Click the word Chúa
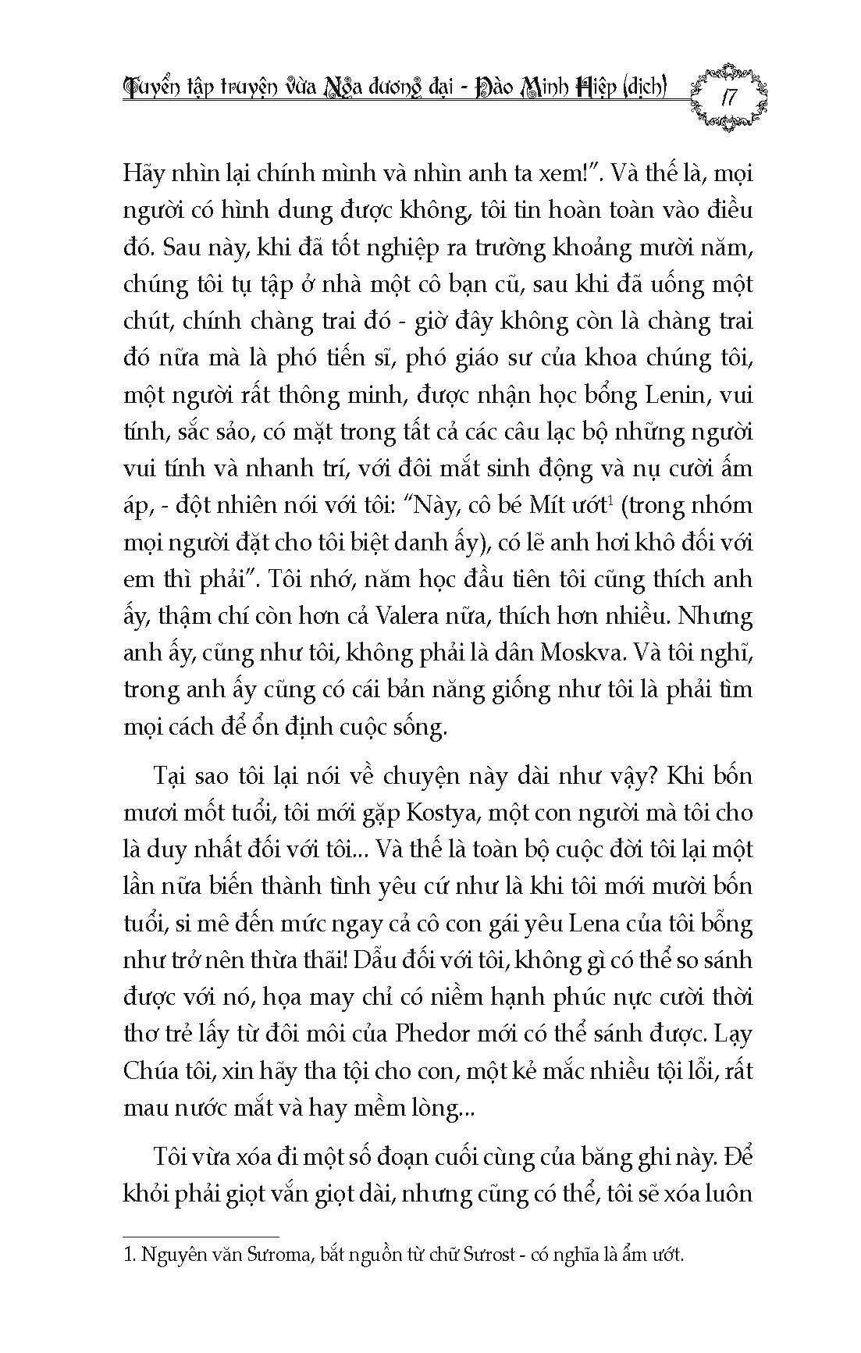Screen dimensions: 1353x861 (151, 1070)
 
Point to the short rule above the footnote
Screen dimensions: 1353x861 (201, 1258)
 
